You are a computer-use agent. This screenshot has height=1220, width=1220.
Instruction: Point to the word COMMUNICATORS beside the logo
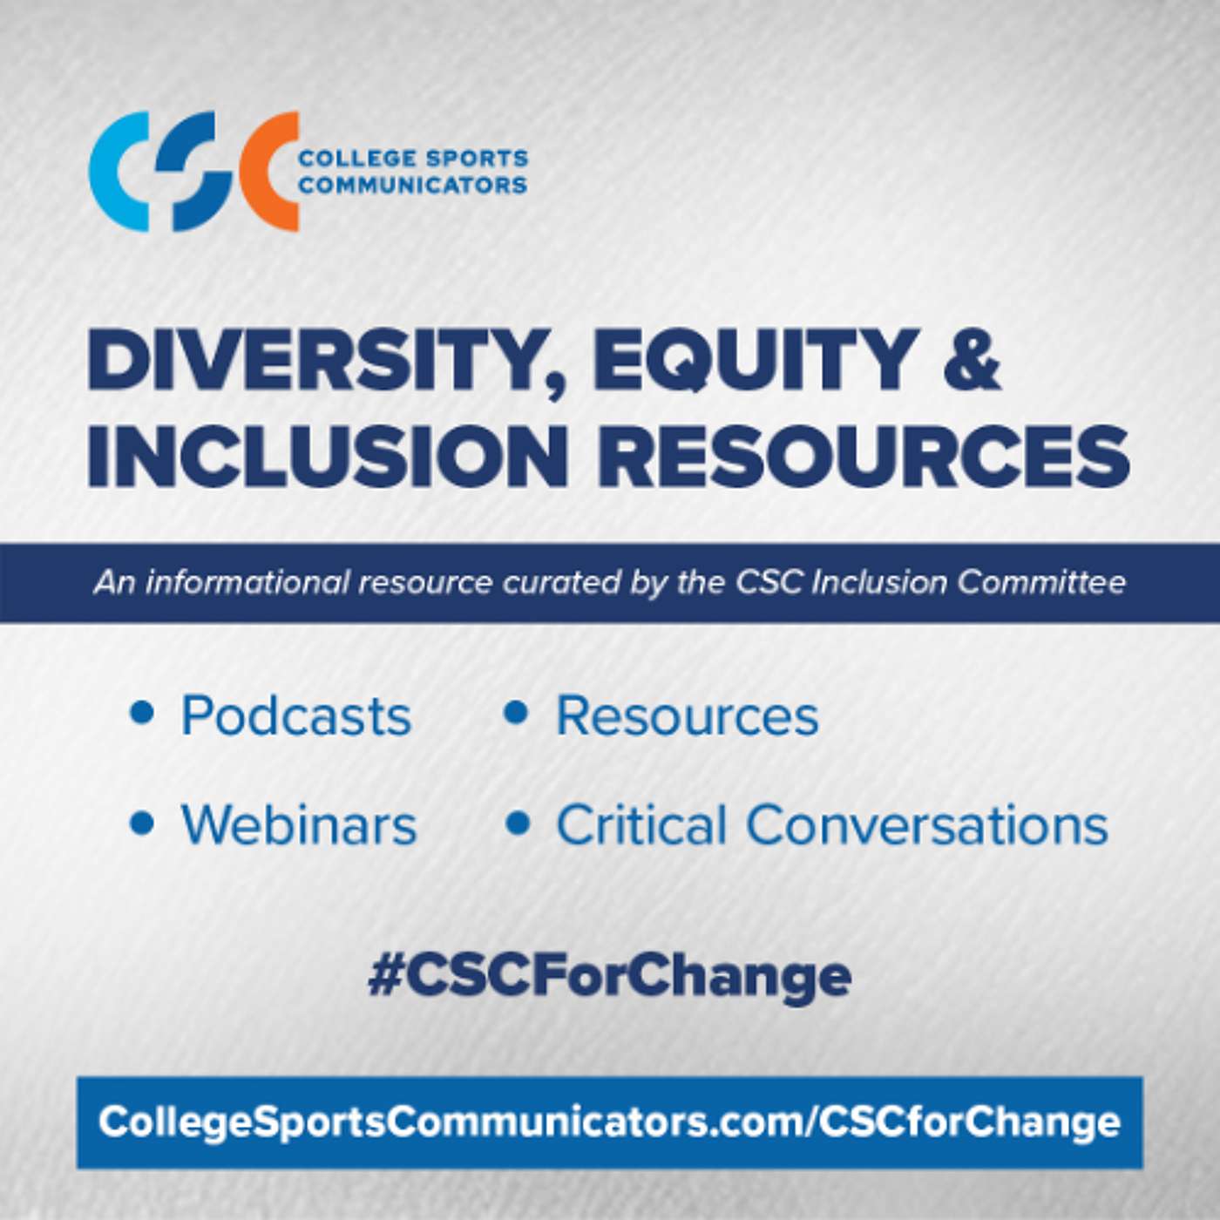[x=413, y=185]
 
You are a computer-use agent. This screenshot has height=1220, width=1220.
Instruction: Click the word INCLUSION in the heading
[x=327, y=456]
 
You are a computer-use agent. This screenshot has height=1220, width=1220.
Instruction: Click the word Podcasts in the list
[x=296, y=716]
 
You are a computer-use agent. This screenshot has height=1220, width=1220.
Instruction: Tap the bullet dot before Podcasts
[x=142, y=713]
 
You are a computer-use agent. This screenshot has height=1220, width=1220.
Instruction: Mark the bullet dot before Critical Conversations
[x=517, y=822]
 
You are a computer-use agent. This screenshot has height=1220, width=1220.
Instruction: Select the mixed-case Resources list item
[x=688, y=716]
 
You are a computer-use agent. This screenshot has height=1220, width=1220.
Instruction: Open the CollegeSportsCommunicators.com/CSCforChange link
[x=610, y=1122]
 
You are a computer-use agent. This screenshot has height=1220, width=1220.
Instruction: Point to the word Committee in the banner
[x=1041, y=582]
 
